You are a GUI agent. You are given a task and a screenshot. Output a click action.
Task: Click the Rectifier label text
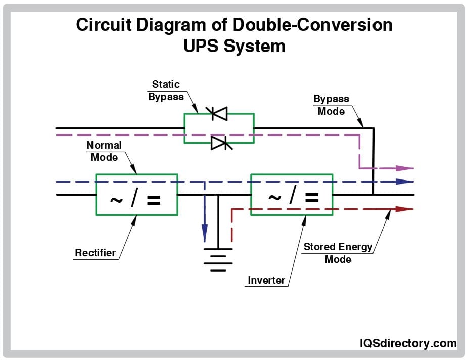point(96,253)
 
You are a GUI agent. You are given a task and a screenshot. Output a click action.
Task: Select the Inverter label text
point(266,280)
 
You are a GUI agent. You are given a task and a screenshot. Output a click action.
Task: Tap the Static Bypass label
point(166,91)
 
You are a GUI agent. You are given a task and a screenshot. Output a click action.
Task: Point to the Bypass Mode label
point(331,105)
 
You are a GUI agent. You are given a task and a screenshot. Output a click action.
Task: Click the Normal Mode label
point(104,151)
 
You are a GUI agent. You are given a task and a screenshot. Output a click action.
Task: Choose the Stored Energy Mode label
point(338,253)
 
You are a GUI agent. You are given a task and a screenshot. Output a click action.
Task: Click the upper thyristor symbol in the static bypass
point(219,114)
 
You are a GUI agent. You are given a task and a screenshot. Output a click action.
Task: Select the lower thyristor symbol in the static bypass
point(219,143)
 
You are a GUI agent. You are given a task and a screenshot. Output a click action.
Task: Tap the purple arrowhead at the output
point(405,168)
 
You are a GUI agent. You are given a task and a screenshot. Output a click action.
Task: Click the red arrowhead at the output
point(405,208)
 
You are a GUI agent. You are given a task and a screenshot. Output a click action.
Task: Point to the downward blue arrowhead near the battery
point(205,233)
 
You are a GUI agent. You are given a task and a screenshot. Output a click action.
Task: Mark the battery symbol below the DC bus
point(218,259)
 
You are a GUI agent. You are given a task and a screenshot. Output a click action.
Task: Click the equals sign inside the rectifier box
point(153,201)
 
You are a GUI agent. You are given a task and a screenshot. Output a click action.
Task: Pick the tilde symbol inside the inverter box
point(274,198)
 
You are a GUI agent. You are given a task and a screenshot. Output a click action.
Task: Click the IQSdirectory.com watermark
point(408,343)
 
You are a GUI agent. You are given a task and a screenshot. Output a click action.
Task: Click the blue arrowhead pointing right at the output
point(405,182)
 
